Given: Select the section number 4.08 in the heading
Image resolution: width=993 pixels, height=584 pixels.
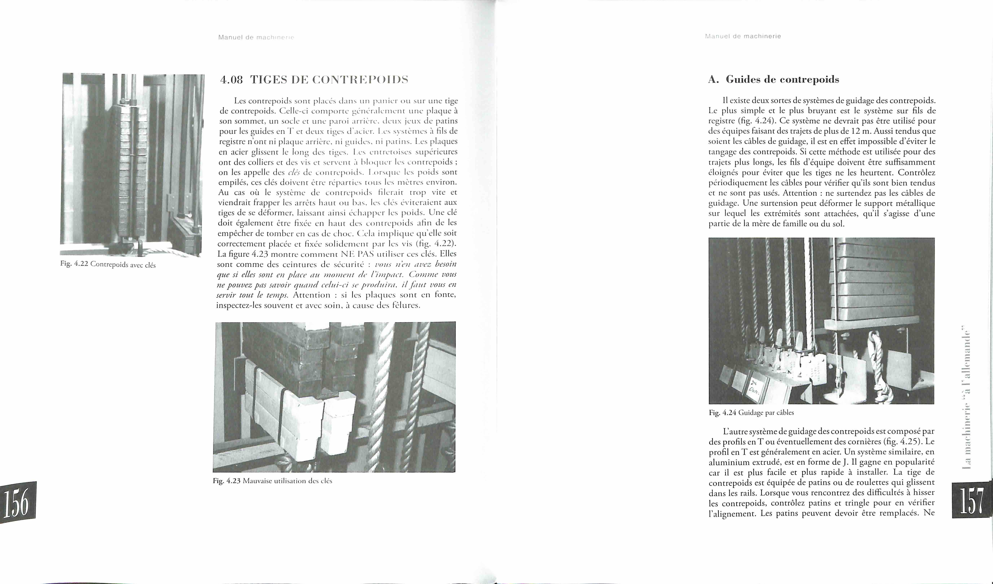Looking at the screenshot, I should pyautogui.click(x=232, y=80).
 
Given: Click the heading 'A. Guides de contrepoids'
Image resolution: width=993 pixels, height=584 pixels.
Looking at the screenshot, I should pyautogui.click(x=774, y=80).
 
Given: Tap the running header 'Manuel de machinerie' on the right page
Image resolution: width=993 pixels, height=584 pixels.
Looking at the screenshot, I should pyautogui.click(x=743, y=36).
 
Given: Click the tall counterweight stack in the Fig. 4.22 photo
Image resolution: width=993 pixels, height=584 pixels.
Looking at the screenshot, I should pyautogui.click(x=130, y=173).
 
